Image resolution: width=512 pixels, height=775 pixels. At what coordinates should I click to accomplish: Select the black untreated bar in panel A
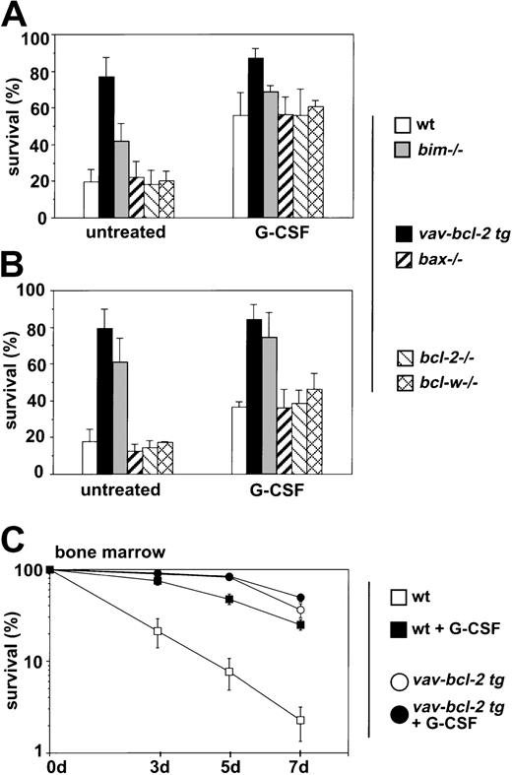click(106, 148)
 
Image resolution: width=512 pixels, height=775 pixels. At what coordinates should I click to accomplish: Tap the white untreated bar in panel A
click(91, 200)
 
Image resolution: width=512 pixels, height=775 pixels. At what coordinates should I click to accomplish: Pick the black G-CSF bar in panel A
click(256, 138)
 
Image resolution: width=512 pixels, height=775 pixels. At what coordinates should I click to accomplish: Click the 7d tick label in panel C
click(301, 764)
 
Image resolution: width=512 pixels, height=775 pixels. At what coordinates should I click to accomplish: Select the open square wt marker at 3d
click(157, 631)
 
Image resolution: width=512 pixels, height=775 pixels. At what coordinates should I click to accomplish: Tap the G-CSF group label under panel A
click(266, 236)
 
